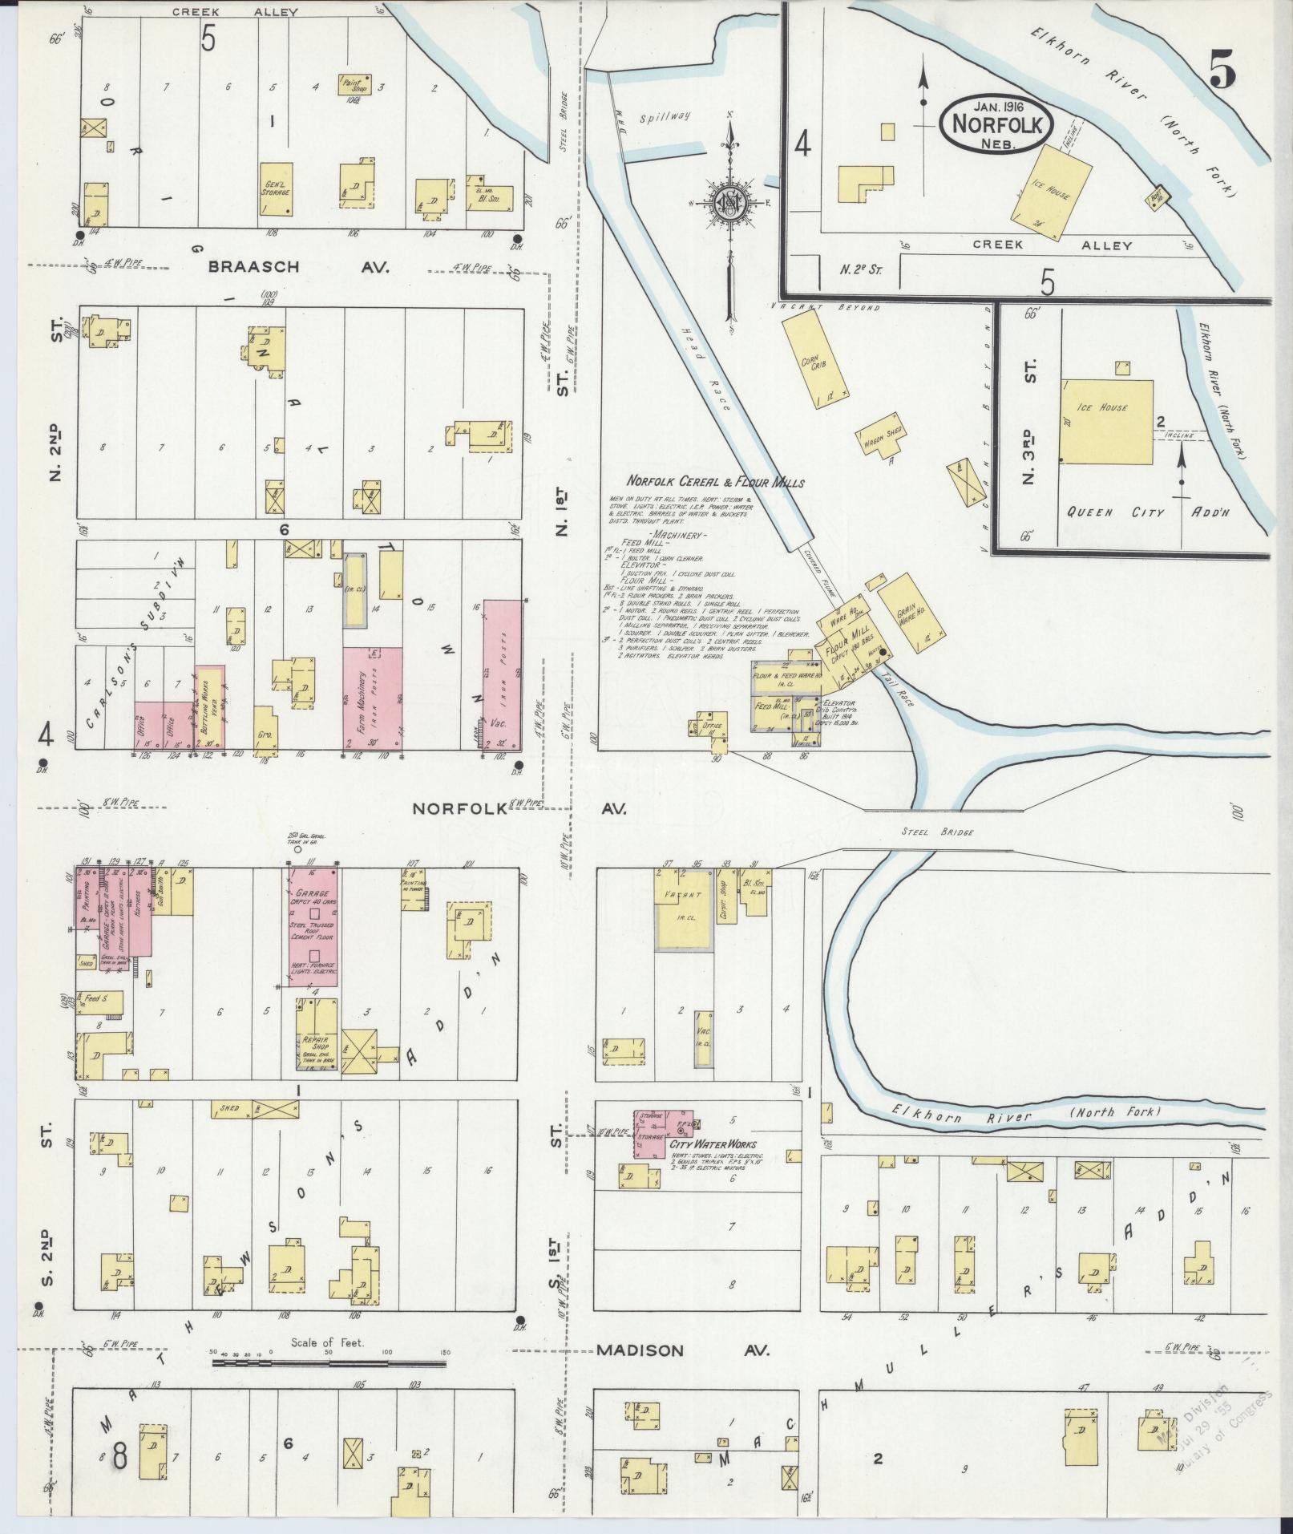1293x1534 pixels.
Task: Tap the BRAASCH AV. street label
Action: tap(299, 267)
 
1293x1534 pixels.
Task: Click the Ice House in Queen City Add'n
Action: tap(1106, 422)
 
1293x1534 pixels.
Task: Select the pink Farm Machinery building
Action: tap(372, 698)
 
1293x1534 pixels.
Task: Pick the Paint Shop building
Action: tap(354, 83)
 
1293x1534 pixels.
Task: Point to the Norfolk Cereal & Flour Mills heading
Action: tap(715, 483)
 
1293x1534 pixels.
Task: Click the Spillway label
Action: tap(665, 116)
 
